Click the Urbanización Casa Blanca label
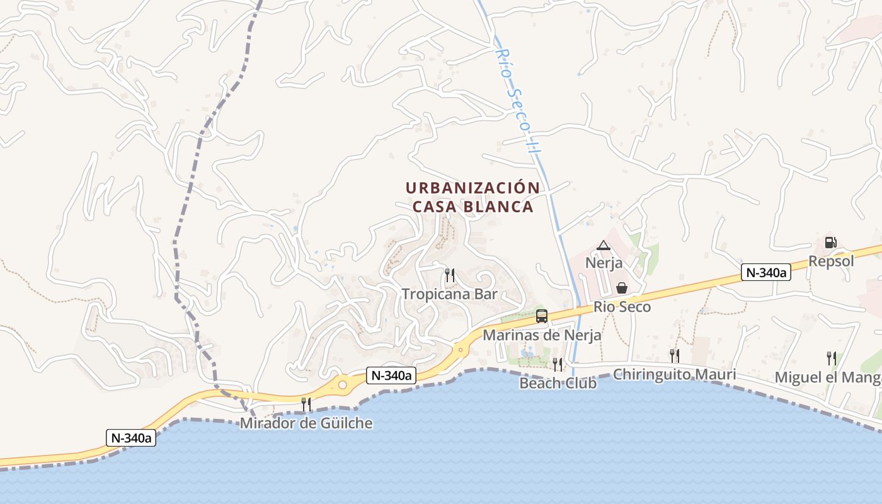472,197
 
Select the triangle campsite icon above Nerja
604,245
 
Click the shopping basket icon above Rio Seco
622,288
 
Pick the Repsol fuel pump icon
830,243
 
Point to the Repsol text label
831,261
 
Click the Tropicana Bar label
450,294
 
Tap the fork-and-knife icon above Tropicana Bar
450,275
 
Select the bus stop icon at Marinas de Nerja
542,316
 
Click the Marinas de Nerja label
542,335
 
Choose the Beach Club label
558,383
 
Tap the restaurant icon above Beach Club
558,364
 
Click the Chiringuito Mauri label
674,374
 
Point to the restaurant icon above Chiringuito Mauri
674,355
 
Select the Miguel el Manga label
828,377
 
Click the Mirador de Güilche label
306,423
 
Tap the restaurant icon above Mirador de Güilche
306,404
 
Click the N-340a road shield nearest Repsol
765,272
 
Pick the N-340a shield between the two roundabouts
391,375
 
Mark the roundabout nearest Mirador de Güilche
343,384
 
